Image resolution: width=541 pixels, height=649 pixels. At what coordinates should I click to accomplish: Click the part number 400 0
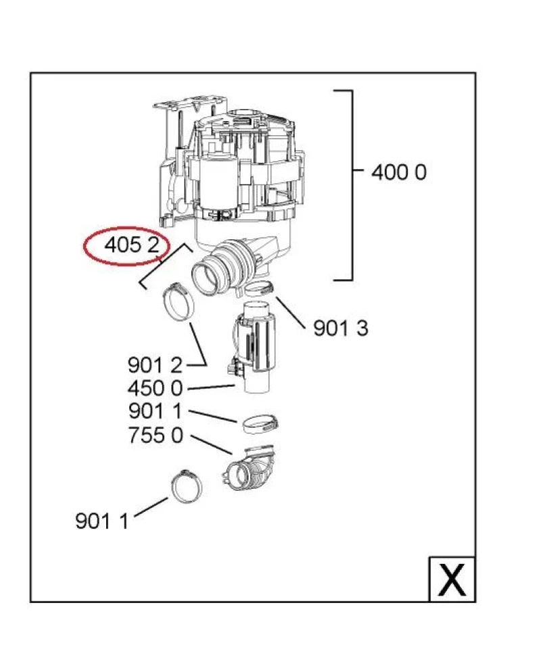(x=399, y=172)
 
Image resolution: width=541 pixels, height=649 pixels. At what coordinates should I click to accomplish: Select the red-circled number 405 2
(x=132, y=246)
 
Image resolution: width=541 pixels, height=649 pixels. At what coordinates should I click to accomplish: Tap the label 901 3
(x=340, y=329)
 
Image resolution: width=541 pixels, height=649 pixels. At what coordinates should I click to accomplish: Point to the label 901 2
(x=155, y=365)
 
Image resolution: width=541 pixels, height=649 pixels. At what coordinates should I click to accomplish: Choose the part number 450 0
(x=155, y=389)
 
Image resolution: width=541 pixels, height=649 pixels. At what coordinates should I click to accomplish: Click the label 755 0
(x=155, y=435)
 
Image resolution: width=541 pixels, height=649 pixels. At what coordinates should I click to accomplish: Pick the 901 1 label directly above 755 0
(x=155, y=411)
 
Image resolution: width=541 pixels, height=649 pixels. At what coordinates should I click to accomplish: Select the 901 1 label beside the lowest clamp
(x=102, y=521)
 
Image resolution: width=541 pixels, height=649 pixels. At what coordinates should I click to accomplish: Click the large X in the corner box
(x=452, y=579)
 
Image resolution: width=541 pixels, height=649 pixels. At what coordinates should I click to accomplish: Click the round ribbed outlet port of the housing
(x=212, y=271)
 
